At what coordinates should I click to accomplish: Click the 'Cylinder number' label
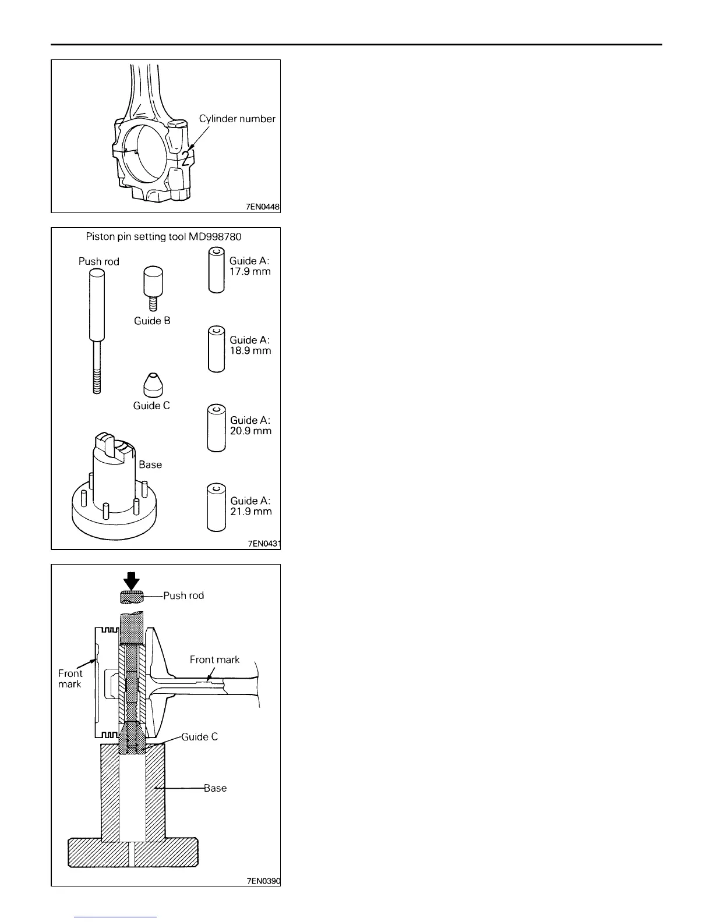pos(237,119)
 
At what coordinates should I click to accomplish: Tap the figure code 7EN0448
pos(263,207)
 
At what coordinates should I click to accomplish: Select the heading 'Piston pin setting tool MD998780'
pos(163,237)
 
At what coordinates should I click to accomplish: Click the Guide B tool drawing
pos(153,289)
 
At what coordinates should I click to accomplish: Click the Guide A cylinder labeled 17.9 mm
pos(216,270)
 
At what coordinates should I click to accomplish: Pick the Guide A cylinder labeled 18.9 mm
pos(216,349)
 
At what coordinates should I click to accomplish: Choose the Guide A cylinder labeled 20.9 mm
pos(216,428)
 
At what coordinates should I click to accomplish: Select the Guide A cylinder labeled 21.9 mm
pos(216,508)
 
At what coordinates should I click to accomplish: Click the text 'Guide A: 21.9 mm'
pos(251,506)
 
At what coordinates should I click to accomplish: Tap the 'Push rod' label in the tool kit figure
pos(99,261)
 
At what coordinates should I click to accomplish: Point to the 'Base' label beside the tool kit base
pos(150,464)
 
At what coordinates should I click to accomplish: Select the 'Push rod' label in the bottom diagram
pos(183,595)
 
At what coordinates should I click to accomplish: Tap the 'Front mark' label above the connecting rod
pos(214,659)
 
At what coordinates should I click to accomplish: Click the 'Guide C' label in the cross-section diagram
pos(199,737)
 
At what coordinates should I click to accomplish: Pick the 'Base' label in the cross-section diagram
pos(215,788)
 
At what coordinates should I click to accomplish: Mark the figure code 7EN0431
pos(264,544)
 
